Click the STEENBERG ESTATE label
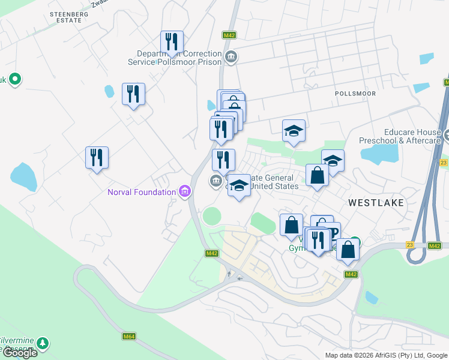65,17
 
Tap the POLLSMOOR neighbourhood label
355,94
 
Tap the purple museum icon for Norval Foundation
185,192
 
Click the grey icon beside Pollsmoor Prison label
231,58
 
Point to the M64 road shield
128,336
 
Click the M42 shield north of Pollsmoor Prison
229,35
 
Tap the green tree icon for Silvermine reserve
42,343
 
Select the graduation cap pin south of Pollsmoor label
294,132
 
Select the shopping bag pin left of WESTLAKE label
317,176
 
